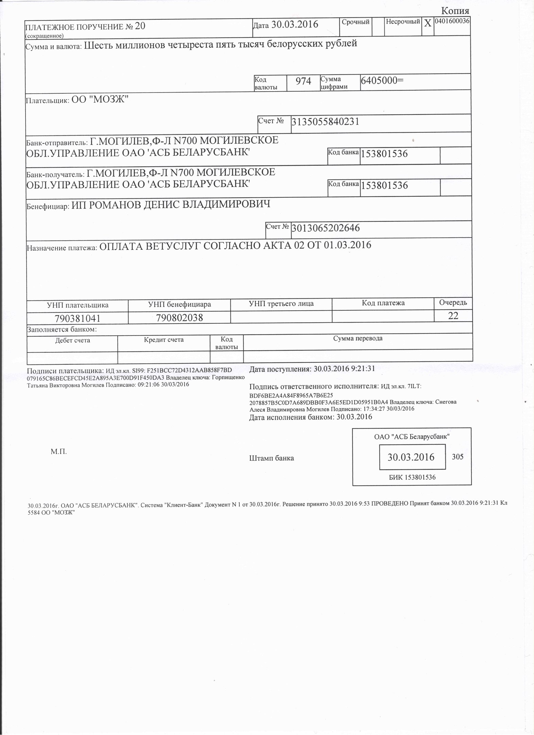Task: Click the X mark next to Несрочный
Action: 428,23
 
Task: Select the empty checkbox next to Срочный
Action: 378,26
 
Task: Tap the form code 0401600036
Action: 452,21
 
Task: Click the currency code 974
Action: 303,81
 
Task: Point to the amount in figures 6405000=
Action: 382,80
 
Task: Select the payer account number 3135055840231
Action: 325,121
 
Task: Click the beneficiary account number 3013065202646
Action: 326,228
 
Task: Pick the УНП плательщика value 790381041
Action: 77,318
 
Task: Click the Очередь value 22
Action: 453,315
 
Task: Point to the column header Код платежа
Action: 383,303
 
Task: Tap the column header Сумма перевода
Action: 358,338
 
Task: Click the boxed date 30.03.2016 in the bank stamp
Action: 411,457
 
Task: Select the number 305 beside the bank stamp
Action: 458,457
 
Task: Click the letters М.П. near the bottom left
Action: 58,452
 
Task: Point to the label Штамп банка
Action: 272,458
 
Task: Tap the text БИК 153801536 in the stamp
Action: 412,477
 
